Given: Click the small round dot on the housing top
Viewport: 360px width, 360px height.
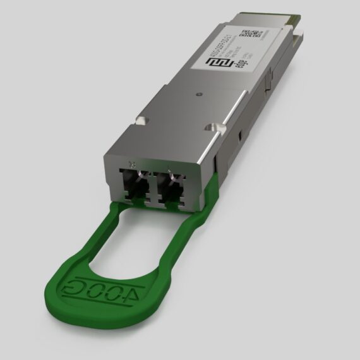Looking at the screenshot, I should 200,95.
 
